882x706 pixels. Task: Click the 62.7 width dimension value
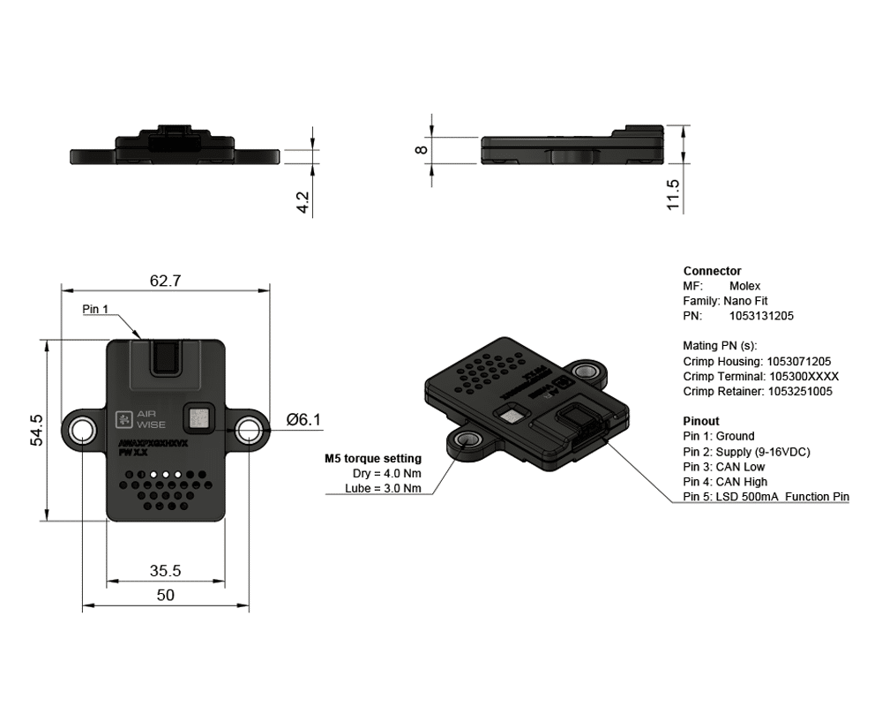click(x=165, y=282)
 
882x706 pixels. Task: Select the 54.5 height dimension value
click(x=36, y=430)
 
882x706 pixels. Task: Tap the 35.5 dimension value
click(x=165, y=571)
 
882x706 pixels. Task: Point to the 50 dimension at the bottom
click(x=165, y=595)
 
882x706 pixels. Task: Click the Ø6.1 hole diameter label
click(x=303, y=420)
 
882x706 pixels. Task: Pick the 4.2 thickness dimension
click(x=303, y=202)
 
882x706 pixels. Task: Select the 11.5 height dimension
click(x=674, y=195)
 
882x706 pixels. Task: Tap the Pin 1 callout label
click(x=95, y=309)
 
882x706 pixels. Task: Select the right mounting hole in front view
click(x=248, y=430)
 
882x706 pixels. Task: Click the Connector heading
click(x=712, y=271)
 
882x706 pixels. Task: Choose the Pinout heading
click(x=701, y=421)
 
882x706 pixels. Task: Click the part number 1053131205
click(x=761, y=315)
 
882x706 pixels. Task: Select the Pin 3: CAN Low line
click(x=724, y=467)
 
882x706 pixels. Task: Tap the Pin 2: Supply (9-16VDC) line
click(x=746, y=452)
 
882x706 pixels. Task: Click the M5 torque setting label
click(x=373, y=458)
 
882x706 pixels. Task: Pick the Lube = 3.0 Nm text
click(x=383, y=488)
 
